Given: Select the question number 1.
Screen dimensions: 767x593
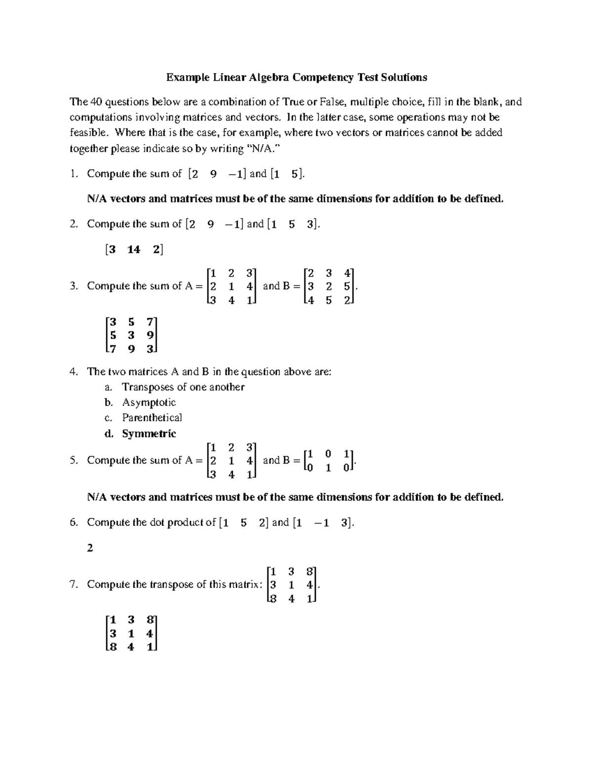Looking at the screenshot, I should point(74,174).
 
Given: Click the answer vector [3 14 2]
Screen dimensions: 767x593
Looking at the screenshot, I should point(134,249).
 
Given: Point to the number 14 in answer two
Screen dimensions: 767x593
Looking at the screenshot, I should point(133,249).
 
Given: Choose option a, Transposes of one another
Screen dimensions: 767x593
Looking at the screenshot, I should point(183,387).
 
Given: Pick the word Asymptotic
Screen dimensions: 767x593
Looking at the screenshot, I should point(149,402).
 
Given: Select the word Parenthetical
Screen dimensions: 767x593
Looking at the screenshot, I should point(152,418).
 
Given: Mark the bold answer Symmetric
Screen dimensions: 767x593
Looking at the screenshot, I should point(149,434).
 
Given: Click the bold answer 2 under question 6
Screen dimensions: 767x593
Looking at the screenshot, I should point(90,548).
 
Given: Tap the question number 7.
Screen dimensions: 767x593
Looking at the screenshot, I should point(74,585).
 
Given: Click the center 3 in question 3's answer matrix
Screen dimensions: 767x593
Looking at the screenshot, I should point(131,335).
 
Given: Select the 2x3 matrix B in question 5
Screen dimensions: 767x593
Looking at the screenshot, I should point(328,460).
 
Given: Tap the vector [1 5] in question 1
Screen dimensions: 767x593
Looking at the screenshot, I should point(288,174).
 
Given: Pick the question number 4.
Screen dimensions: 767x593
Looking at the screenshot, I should point(74,372).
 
